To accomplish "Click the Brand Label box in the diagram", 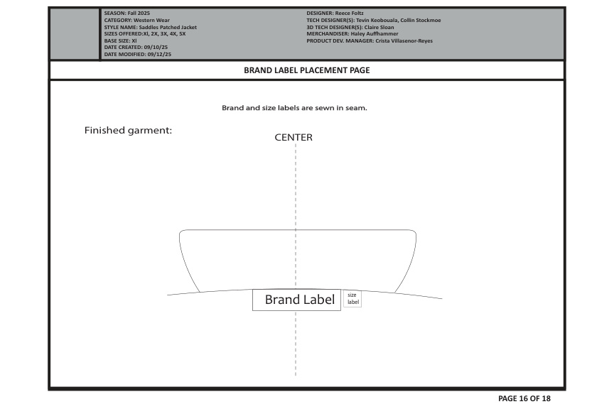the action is (296, 300).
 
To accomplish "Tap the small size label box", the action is (352, 299).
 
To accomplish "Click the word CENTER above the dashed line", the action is (293, 137).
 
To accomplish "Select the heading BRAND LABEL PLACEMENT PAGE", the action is (306, 70).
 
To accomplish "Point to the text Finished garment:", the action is (128, 131).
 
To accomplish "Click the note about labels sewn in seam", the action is (294, 108).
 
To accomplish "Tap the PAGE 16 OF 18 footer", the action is (524, 398).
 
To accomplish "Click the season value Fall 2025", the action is (139, 13).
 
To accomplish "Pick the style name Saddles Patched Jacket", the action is (168, 28).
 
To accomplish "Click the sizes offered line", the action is (145, 34).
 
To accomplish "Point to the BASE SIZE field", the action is (120, 40).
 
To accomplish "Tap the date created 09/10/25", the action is (156, 48).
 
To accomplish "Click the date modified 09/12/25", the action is (159, 55).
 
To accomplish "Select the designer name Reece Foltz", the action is (350, 13).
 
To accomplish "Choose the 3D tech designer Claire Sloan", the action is (379, 28).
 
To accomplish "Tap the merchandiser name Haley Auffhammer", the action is (375, 34).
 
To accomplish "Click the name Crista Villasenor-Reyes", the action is (404, 40).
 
